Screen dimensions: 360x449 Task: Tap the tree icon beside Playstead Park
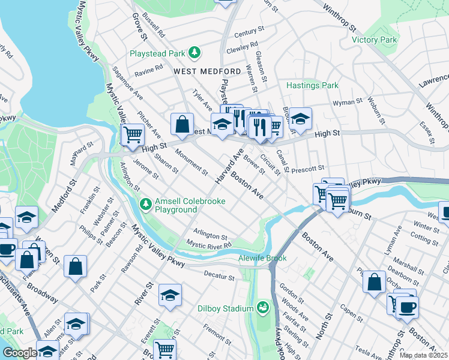click(194, 53)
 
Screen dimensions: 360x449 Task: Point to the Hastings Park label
click(312, 86)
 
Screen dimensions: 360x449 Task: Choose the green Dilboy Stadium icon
click(262, 308)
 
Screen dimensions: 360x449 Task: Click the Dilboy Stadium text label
click(226, 309)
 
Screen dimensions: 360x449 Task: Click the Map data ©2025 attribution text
click(423, 355)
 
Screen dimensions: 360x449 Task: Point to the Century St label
click(250, 31)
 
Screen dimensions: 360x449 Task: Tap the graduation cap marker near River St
click(170, 296)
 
